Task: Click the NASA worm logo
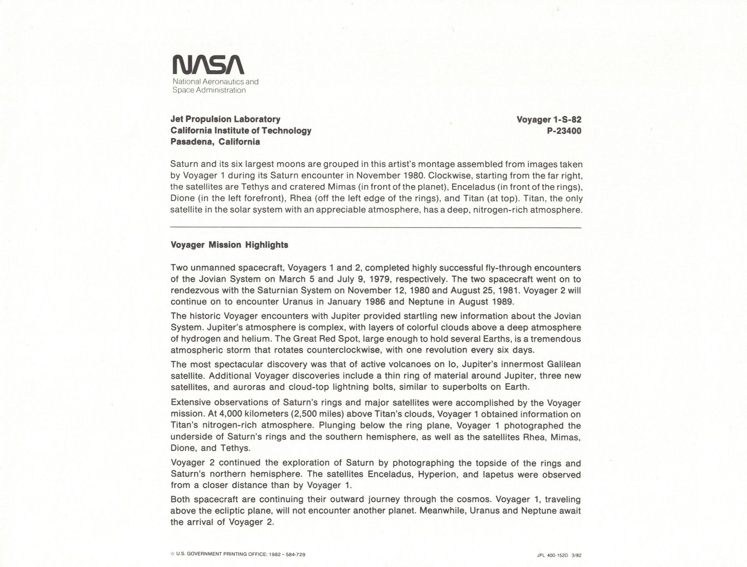coord(208,65)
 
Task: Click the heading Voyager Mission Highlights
coord(229,245)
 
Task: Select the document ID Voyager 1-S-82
coord(549,119)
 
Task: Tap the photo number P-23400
coord(564,131)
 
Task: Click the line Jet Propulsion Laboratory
coord(226,119)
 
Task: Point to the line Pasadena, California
coord(215,142)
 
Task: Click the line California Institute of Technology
coord(241,131)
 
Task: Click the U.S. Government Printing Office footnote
coord(238,554)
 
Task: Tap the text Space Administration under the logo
coord(209,90)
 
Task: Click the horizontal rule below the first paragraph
coord(376,227)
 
